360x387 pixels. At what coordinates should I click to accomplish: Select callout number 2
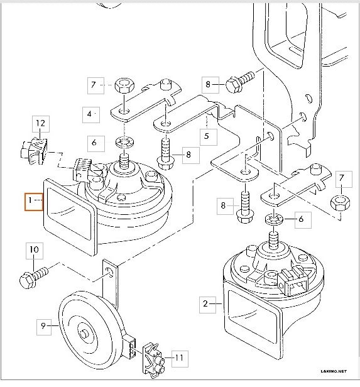tap(205, 303)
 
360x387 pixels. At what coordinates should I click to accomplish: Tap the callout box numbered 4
tap(90, 114)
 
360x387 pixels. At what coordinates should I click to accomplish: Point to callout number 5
tap(205, 134)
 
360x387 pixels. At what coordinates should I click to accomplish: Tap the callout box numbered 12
tap(40, 123)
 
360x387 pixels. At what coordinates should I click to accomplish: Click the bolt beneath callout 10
tap(35, 276)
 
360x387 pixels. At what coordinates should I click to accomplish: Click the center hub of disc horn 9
tap(83, 331)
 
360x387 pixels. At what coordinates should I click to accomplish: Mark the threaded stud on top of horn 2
tap(274, 241)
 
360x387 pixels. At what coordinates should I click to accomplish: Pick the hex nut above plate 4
tap(123, 85)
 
